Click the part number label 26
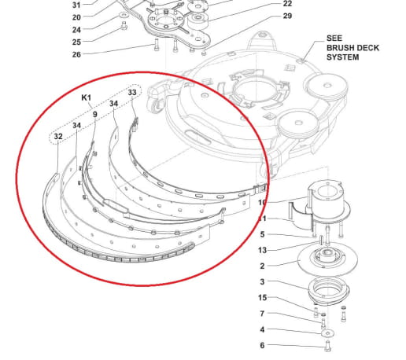coord(76,54)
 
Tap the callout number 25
coord(76,42)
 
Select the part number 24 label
coord(76,29)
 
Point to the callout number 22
coord(287,4)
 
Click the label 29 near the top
coord(287,16)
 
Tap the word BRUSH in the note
coord(341,47)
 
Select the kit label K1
coord(87,98)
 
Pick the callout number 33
coord(132,93)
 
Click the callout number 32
coord(57,137)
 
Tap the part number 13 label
coord(264,250)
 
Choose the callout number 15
coord(264,298)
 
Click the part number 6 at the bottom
coord(264,345)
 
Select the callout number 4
coord(264,329)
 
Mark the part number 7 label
coord(264,314)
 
